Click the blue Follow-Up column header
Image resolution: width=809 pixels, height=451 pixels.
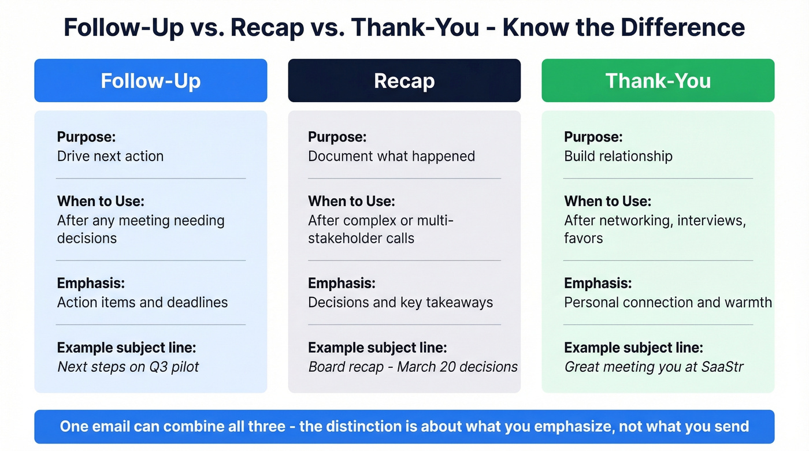point(151,81)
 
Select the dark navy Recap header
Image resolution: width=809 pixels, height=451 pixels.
point(404,81)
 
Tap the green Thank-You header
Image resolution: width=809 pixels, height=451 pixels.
point(658,81)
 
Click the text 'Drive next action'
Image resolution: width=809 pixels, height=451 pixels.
point(110,156)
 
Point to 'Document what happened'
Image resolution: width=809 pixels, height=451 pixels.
point(391,156)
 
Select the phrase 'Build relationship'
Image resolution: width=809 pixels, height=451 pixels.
point(618,156)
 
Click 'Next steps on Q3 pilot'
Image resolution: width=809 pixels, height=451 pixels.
point(128,367)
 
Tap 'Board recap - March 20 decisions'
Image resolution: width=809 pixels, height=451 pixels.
point(413,367)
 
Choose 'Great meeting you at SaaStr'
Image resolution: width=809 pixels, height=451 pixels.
point(654,367)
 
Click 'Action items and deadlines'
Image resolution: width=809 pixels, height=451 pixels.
point(142,302)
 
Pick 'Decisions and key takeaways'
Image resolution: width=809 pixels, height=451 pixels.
point(400,302)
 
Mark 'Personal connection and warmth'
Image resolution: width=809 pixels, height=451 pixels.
point(667,302)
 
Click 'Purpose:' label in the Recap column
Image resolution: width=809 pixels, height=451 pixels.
point(337,137)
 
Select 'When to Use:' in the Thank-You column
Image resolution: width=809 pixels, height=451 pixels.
point(607,202)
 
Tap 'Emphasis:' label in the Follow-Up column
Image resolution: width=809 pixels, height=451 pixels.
point(91,284)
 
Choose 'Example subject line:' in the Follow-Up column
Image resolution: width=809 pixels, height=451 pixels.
point(127,348)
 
